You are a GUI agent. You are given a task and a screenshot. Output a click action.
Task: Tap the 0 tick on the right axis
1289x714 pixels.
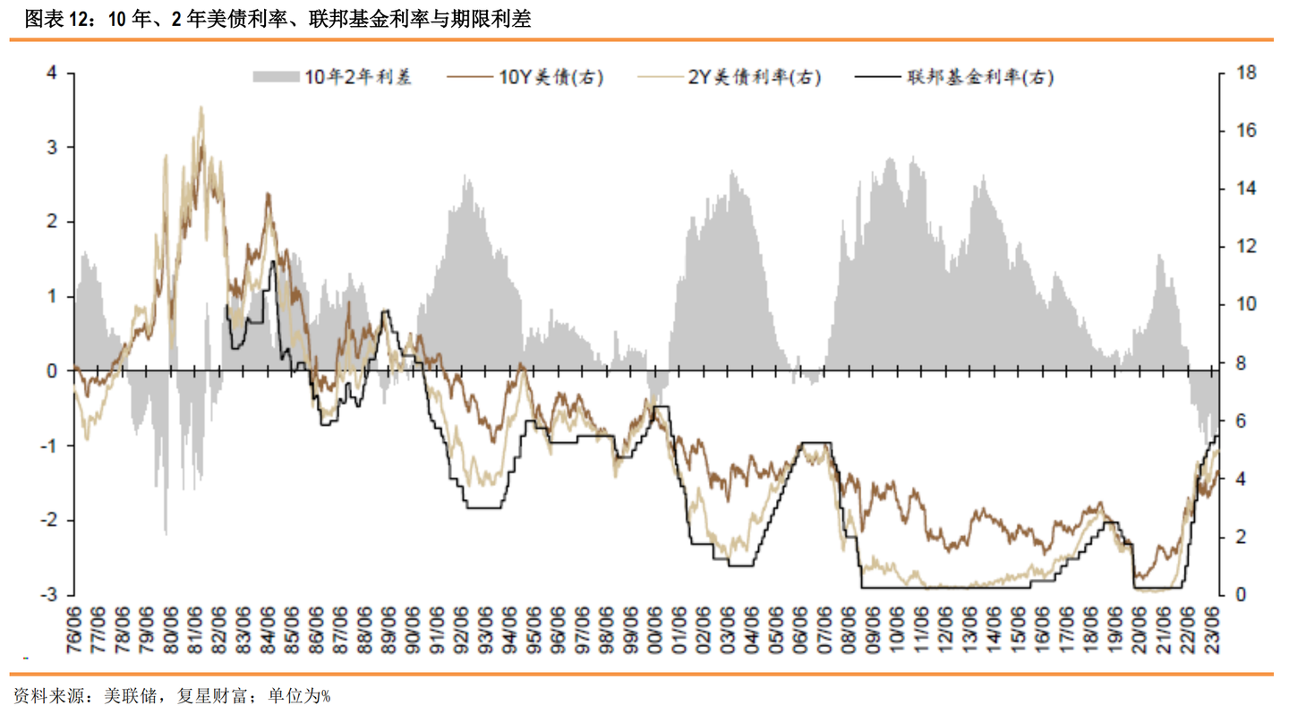click(x=1242, y=594)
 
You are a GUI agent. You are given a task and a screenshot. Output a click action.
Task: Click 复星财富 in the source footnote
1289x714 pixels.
click(x=213, y=695)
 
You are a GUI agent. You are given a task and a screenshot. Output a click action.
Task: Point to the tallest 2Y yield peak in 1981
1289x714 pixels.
click(x=201, y=108)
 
